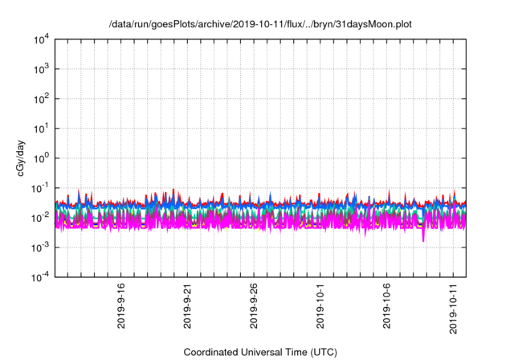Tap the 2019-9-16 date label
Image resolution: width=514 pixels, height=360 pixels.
tap(120, 305)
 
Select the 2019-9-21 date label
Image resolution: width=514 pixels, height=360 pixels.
tap(187, 305)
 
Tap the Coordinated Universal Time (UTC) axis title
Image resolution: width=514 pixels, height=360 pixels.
tap(260, 352)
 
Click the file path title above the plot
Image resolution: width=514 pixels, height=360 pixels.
tap(260, 24)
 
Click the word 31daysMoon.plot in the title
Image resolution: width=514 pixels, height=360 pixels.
tap(377, 24)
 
